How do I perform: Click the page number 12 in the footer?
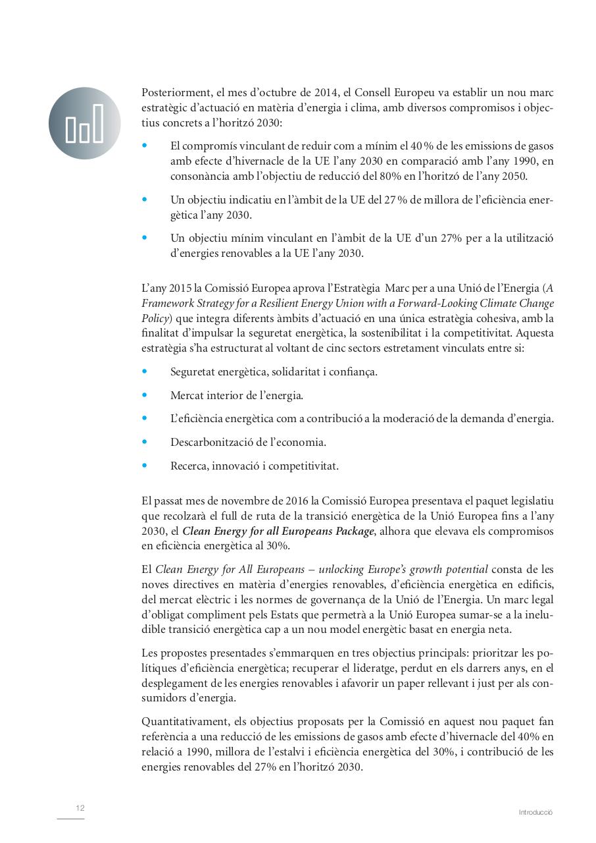coord(80,808)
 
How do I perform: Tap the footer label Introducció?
coord(535,813)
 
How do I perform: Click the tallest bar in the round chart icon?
coord(98,122)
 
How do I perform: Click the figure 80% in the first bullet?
coord(393,177)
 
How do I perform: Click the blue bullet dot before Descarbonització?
coord(145,442)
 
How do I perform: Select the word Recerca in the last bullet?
coord(188,466)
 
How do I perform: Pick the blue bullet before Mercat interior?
coord(145,395)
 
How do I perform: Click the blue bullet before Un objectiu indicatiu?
coord(145,200)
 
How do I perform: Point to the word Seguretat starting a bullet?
coord(193,372)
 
